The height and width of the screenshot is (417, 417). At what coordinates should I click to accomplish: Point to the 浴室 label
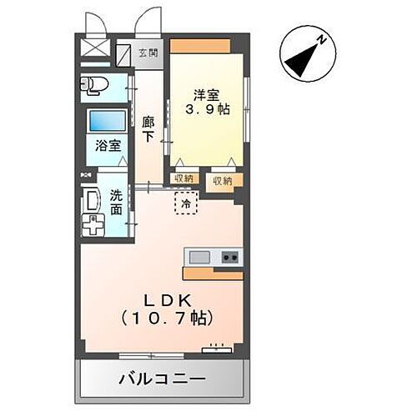[x=108, y=145]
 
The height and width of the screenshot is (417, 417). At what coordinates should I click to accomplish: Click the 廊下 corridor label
[x=148, y=128]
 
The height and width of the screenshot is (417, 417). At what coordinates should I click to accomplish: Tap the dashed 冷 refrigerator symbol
[x=186, y=203]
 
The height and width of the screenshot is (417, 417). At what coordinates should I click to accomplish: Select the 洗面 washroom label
[x=117, y=203]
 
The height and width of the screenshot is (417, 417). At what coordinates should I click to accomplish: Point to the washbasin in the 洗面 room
[x=90, y=200]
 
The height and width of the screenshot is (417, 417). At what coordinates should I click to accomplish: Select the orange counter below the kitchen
[x=213, y=274]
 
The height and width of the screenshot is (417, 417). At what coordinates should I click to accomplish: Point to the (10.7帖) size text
[x=167, y=319]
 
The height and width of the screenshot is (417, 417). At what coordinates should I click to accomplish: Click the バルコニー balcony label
[x=161, y=379]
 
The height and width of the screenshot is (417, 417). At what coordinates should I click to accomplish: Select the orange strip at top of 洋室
[x=200, y=46]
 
